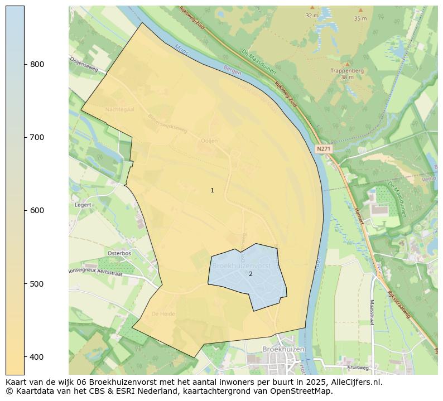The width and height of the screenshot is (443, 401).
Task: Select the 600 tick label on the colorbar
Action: [x=37, y=210]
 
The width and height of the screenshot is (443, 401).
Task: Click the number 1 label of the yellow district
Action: [x=212, y=191]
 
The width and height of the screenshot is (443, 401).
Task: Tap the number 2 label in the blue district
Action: [x=251, y=274]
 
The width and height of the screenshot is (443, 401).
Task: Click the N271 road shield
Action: [x=323, y=149]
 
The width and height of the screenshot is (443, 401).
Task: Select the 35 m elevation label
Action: [x=360, y=18]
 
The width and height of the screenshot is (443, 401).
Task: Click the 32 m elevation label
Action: [x=312, y=15]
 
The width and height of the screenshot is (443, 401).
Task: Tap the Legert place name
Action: [x=83, y=205]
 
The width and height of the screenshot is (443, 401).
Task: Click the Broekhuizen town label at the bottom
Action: [x=284, y=349]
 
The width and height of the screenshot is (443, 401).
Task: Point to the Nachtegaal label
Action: [x=120, y=109]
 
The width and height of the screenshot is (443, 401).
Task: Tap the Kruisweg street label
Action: [x=357, y=368]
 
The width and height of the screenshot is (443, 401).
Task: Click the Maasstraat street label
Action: [x=371, y=312]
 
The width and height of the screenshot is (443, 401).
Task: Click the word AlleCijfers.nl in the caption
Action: [x=354, y=383]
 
